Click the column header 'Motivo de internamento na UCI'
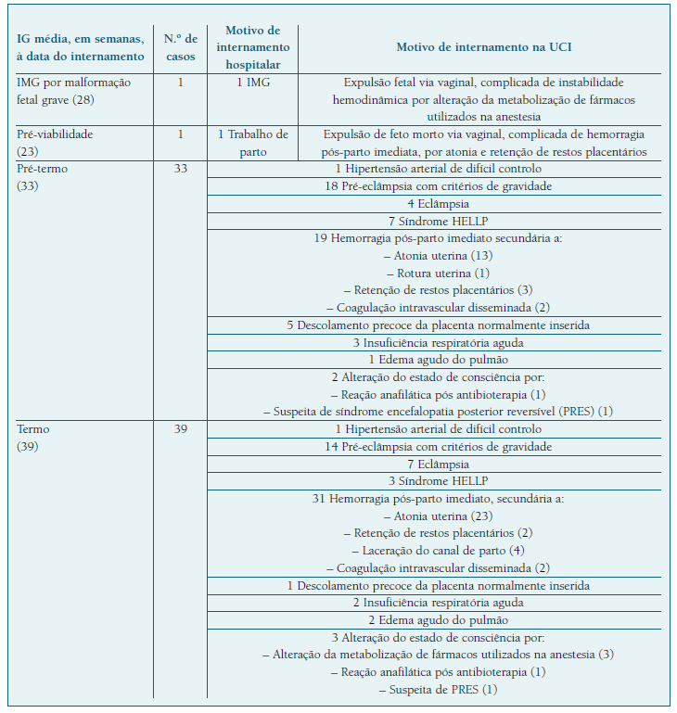(x=483, y=47)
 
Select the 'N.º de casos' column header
(x=180, y=47)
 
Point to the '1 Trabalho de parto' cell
(x=253, y=143)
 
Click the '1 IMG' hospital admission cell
(x=253, y=83)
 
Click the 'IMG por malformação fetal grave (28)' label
(x=74, y=91)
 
